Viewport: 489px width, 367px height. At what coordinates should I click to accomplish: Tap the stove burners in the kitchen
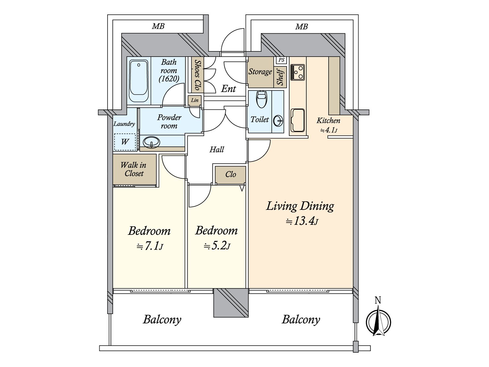coord(297,72)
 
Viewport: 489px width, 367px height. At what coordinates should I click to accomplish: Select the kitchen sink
coord(297,120)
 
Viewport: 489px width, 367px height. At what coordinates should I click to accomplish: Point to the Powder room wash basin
coord(151,142)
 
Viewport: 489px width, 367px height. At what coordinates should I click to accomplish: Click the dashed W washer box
coord(125,142)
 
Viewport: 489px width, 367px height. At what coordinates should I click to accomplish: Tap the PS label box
coord(281,60)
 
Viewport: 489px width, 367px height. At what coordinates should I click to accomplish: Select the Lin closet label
coord(195,100)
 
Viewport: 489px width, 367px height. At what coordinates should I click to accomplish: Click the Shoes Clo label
coord(197,75)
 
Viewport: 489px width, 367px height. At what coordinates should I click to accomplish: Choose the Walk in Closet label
coord(134,169)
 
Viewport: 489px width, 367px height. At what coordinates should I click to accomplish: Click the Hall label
coord(217,150)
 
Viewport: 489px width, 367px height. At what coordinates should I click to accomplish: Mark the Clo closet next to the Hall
coord(230,175)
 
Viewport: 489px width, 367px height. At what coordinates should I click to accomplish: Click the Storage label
coord(260,72)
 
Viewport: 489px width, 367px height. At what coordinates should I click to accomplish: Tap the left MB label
coord(158,26)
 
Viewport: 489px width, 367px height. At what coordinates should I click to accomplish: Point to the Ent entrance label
coord(228,89)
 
